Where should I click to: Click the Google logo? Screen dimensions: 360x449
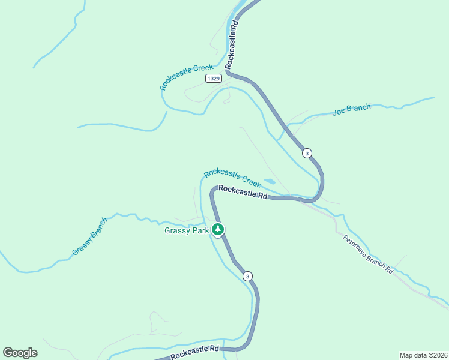tap(20, 353)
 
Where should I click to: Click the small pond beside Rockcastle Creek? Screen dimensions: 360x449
tap(270, 181)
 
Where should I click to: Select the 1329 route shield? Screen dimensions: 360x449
tap(213, 79)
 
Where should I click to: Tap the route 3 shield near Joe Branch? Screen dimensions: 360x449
tap(307, 153)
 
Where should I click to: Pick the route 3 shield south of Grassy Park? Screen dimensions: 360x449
tap(247, 276)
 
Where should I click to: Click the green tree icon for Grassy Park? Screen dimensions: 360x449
tap(218, 229)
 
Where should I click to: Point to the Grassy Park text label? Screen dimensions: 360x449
tap(187, 230)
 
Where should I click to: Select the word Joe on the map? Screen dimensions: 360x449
tap(340, 112)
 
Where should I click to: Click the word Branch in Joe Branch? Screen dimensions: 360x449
tap(360, 108)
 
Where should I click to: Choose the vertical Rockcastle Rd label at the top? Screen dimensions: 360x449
tap(232, 44)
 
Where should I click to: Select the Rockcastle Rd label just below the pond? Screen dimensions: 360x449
tap(243, 191)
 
